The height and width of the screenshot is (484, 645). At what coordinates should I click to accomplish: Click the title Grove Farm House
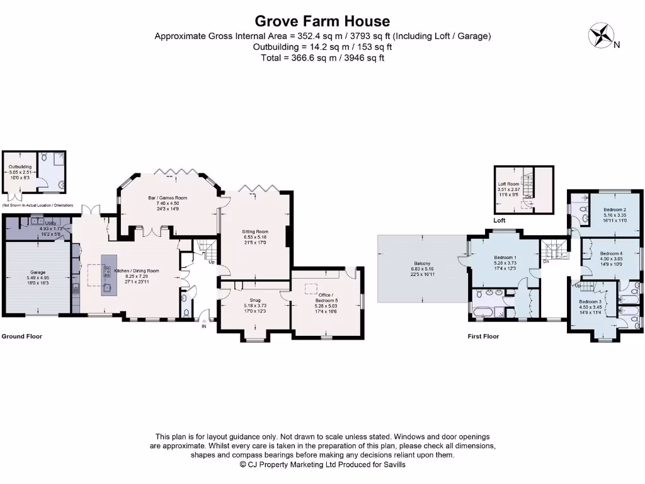[322, 22]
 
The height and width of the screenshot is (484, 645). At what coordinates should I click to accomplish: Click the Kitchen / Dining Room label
[136, 270]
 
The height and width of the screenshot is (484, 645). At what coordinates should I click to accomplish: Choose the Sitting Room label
[255, 232]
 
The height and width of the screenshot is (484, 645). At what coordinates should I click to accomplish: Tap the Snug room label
[254, 300]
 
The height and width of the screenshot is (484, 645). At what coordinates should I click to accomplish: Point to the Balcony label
[422, 263]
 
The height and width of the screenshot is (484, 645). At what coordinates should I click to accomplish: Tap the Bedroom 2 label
[614, 209]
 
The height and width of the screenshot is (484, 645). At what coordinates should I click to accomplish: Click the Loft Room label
[508, 183]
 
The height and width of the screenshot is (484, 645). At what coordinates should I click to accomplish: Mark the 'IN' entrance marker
[203, 326]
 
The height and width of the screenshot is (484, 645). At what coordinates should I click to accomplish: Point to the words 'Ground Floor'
[21, 337]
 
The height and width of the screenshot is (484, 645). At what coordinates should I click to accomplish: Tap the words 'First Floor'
[483, 337]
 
